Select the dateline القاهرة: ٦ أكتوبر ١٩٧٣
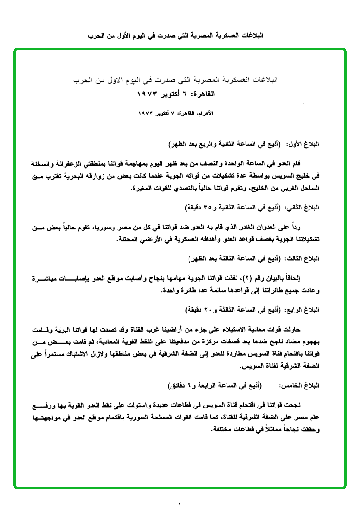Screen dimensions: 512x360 [176, 94]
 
